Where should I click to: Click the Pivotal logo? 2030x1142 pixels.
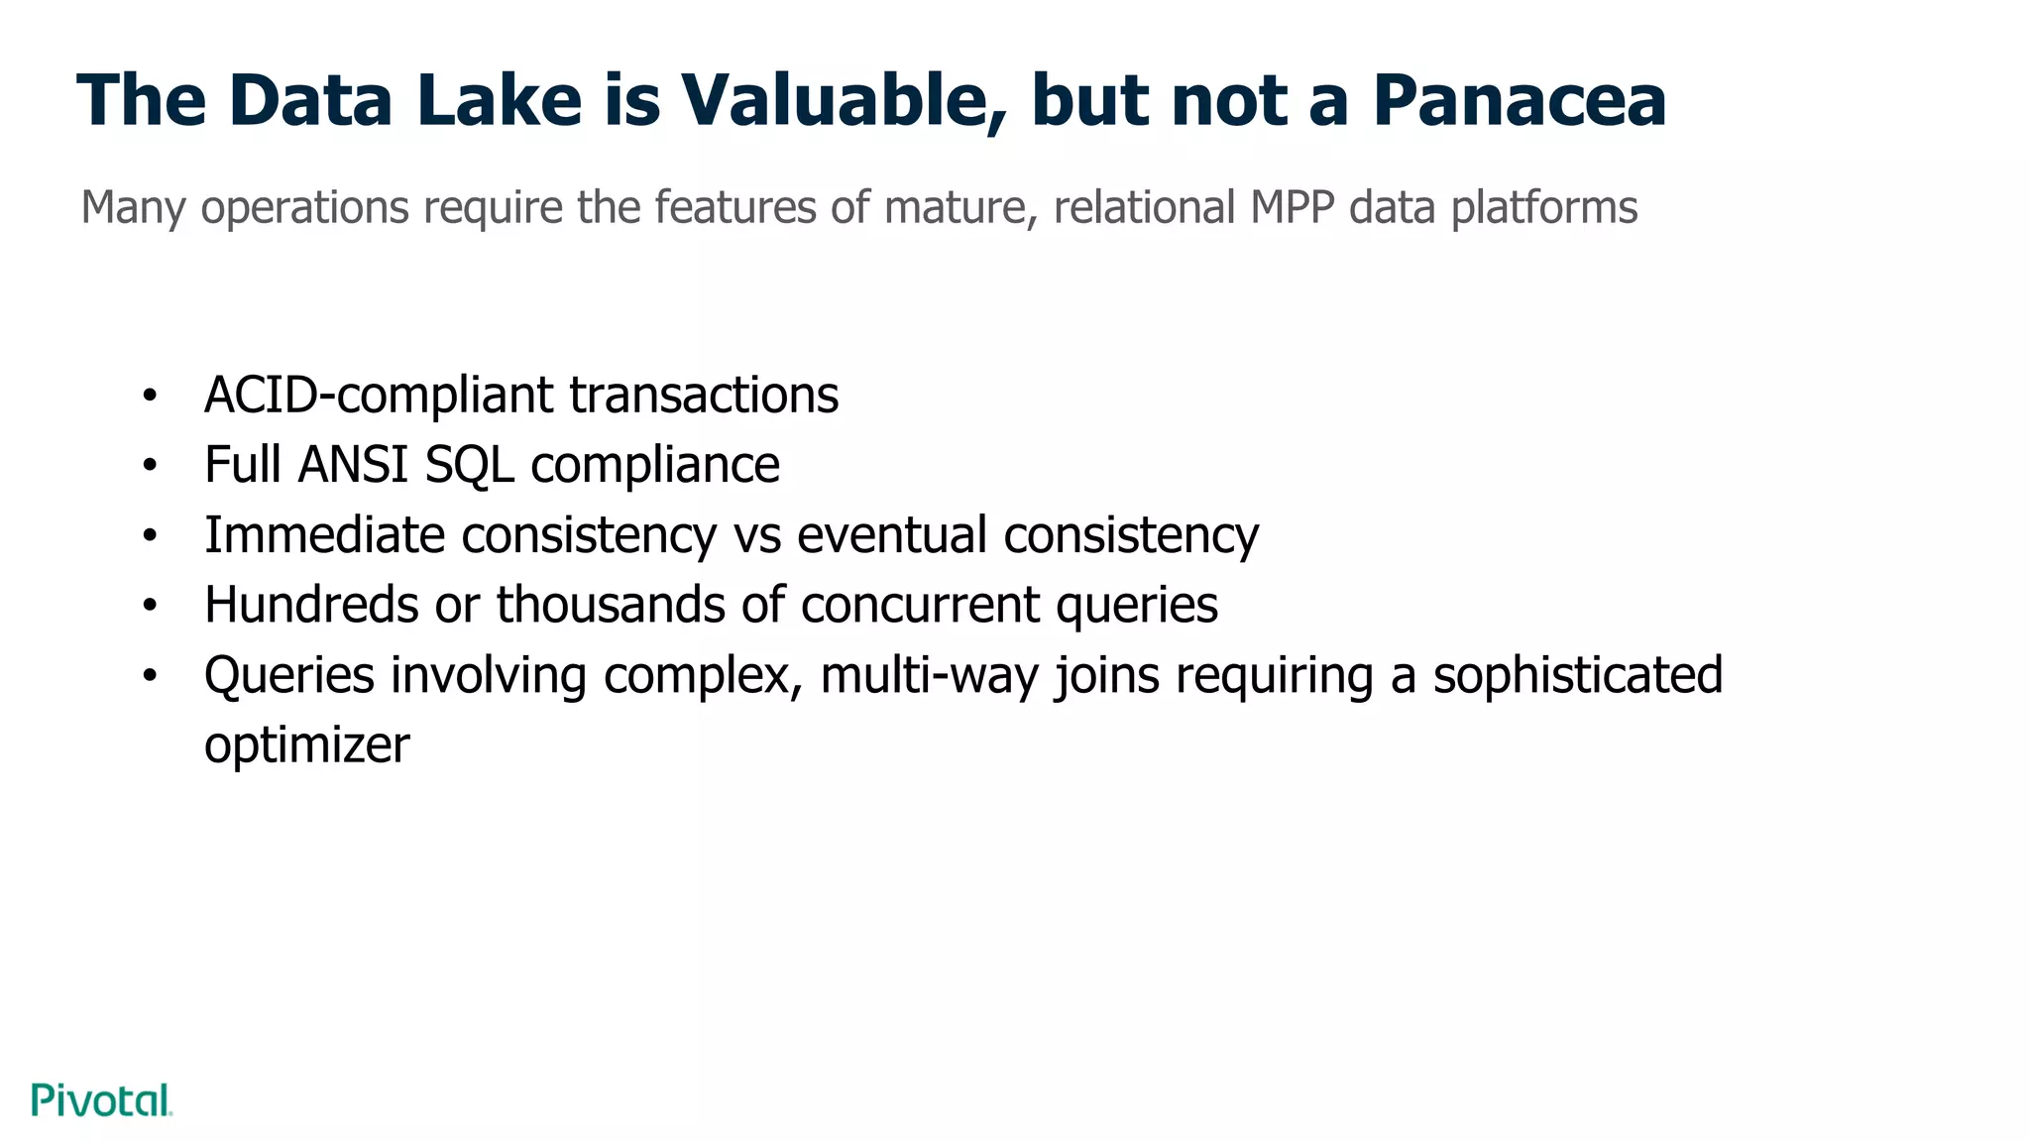(x=102, y=1100)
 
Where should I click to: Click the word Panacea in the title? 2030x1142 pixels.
(x=1519, y=100)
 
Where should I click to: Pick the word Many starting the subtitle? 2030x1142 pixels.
(x=133, y=207)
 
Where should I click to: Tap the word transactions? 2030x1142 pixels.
(x=704, y=395)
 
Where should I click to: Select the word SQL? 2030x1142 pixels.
(x=470, y=465)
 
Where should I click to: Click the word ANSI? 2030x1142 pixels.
(x=353, y=465)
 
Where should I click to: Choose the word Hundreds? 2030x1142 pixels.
(x=311, y=605)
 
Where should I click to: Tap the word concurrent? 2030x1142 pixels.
(x=920, y=605)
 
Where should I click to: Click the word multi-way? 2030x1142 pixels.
(x=929, y=675)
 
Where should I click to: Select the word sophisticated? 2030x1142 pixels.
(x=1578, y=675)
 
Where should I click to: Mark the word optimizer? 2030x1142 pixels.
(x=306, y=745)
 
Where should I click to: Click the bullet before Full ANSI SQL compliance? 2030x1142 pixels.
(x=150, y=465)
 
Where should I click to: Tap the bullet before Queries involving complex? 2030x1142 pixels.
(x=150, y=676)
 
